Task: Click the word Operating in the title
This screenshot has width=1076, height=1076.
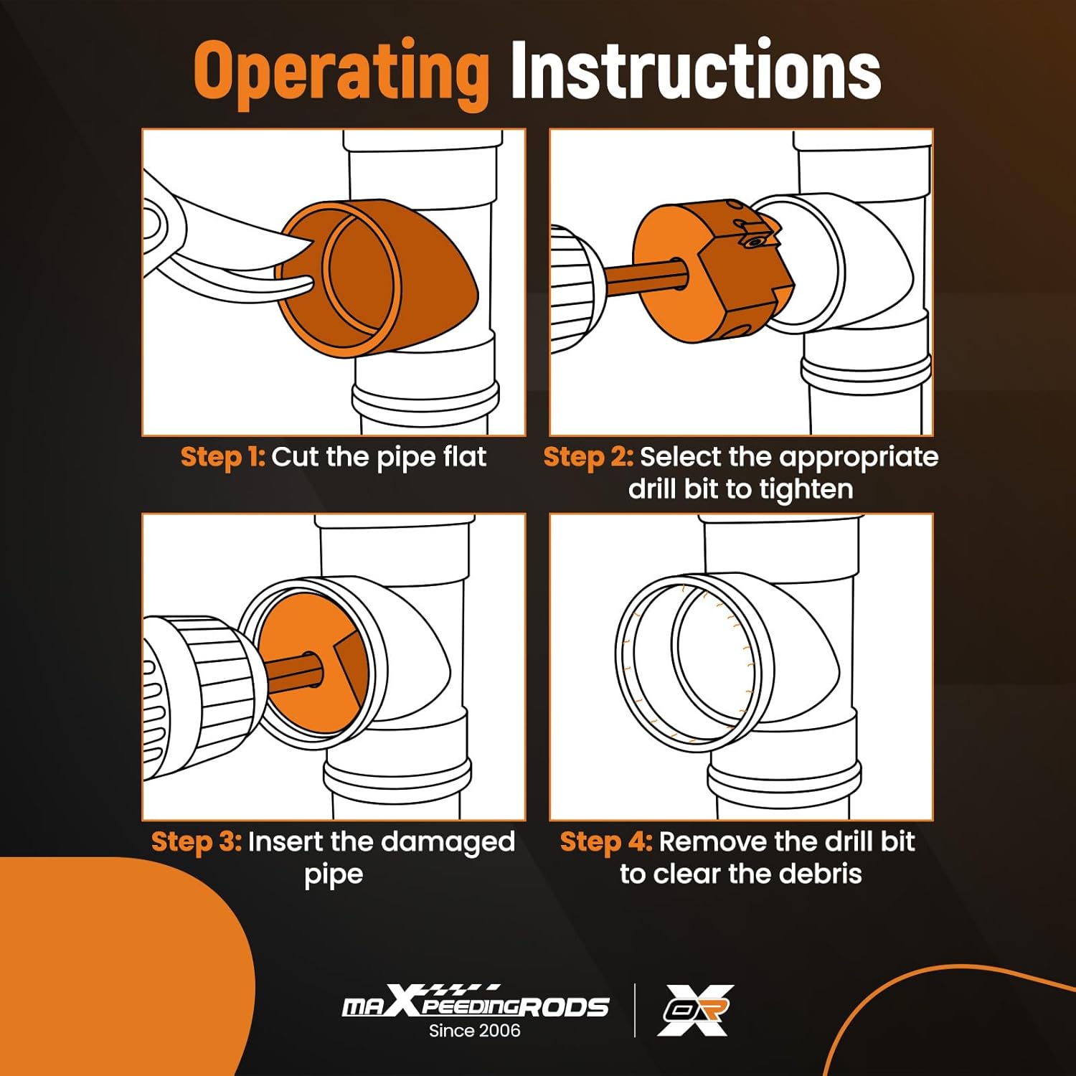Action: [x=341, y=72]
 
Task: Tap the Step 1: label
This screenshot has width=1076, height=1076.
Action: [x=223, y=457]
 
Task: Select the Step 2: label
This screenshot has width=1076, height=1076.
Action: [x=588, y=457]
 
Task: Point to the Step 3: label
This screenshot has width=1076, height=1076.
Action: [x=197, y=841]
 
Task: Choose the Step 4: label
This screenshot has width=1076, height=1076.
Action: [x=606, y=841]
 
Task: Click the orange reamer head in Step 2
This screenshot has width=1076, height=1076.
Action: [x=714, y=273]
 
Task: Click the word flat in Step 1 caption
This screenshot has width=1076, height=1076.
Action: [x=463, y=457]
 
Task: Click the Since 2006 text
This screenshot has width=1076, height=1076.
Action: [x=474, y=1031]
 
